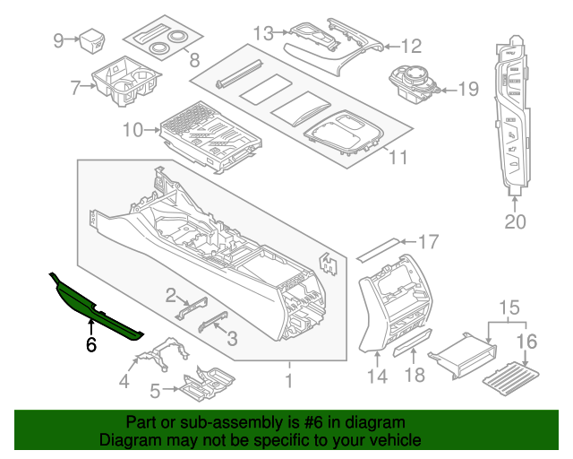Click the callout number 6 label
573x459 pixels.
(x=90, y=344)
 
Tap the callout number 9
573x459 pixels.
(x=59, y=39)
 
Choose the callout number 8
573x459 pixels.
(x=192, y=61)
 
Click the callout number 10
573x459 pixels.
(x=133, y=131)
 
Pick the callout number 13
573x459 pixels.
(x=262, y=33)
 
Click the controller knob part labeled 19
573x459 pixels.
(x=413, y=83)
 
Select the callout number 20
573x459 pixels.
(x=515, y=221)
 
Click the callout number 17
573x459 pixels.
(x=429, y=241)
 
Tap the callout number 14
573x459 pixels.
(x=378, y=377)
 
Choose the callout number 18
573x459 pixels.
(x=414, y=376)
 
